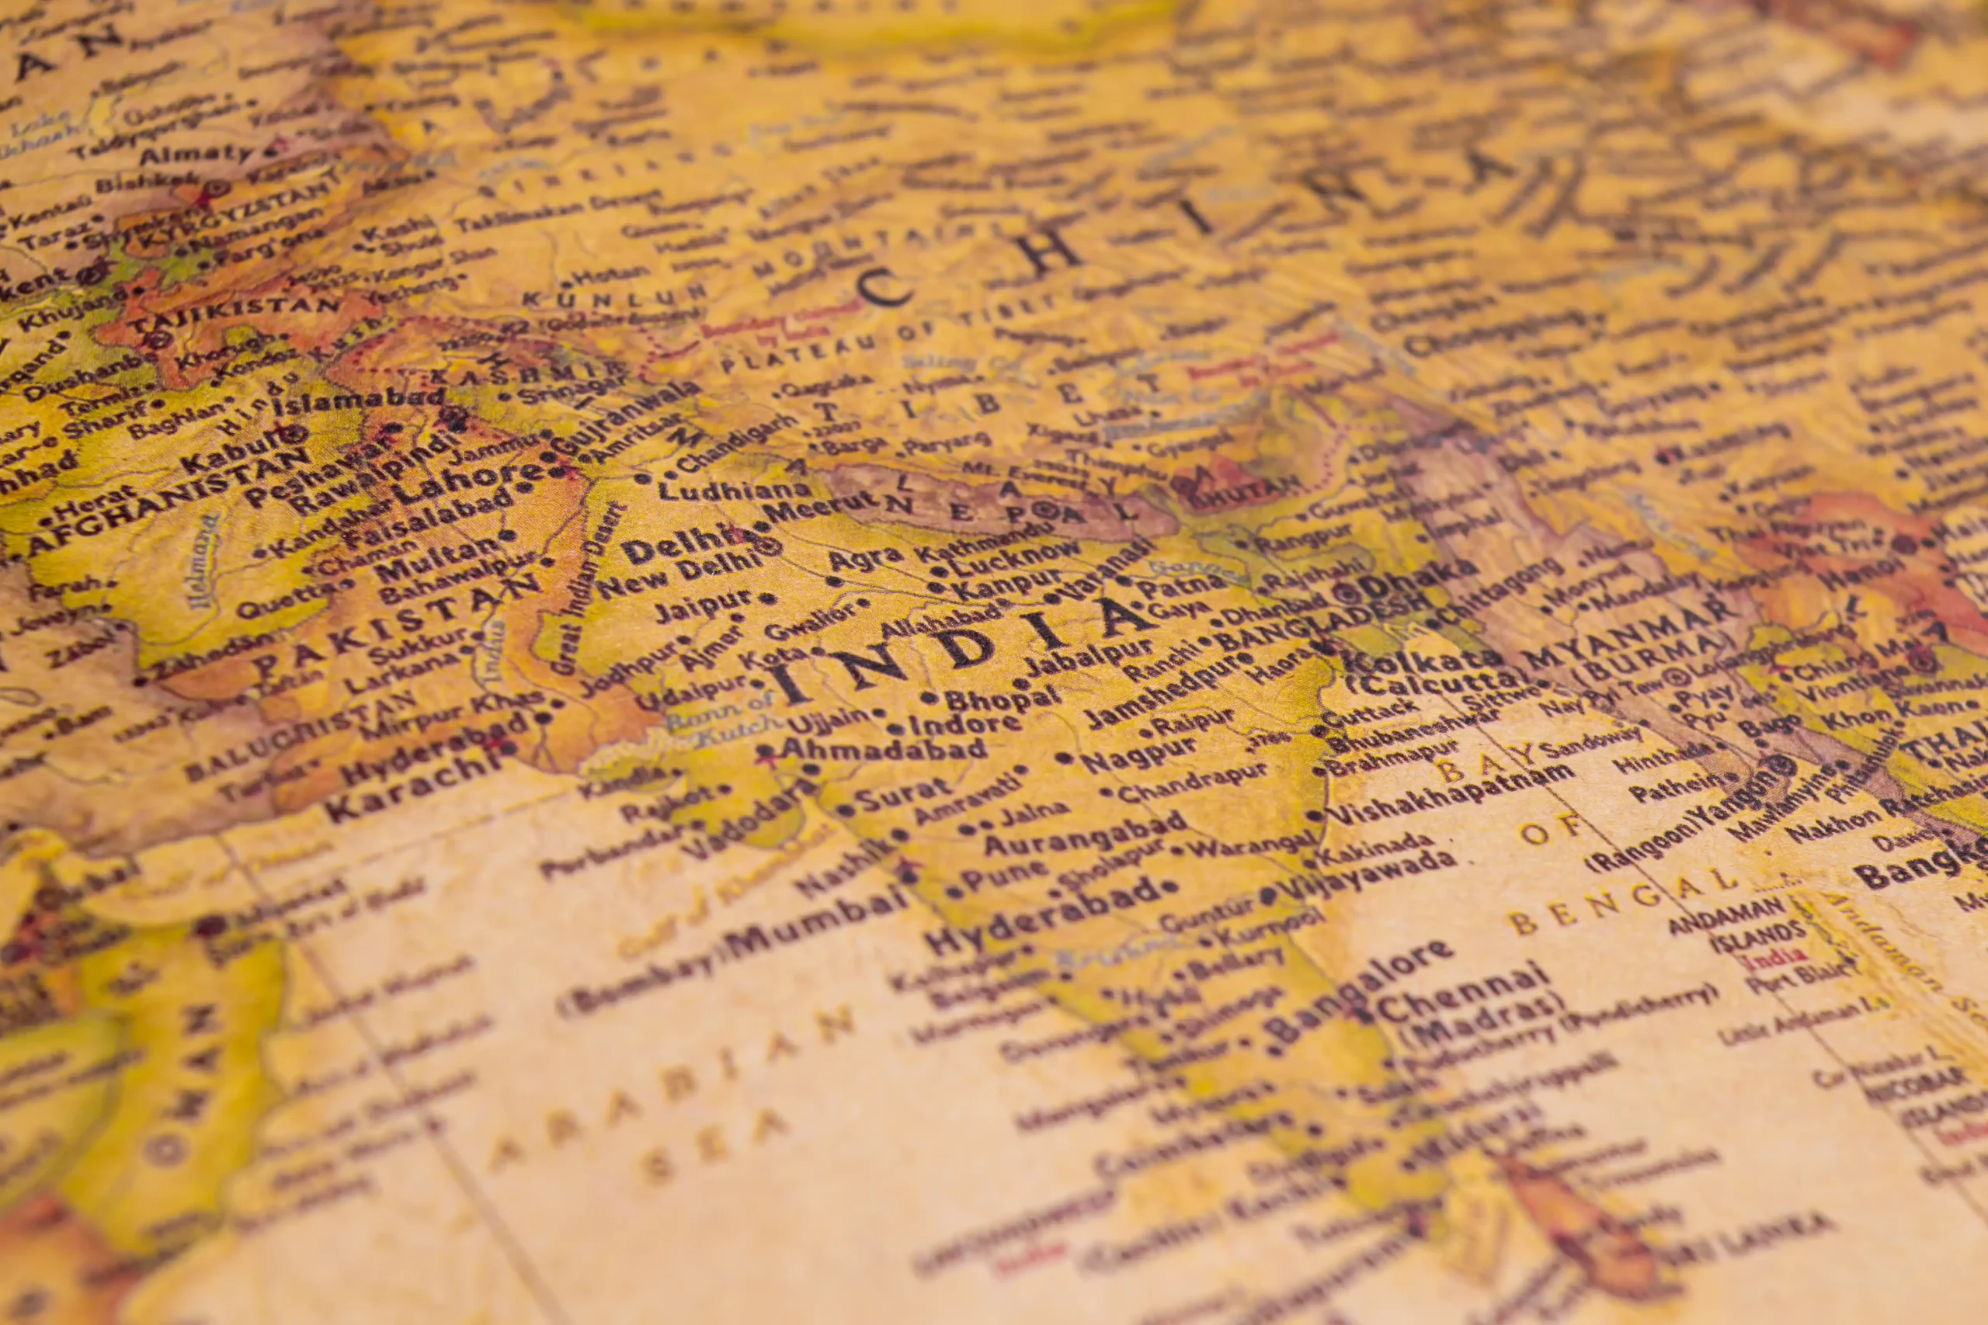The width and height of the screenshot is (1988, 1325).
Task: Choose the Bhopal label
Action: pyautogui.click(x=1003, y=696)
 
